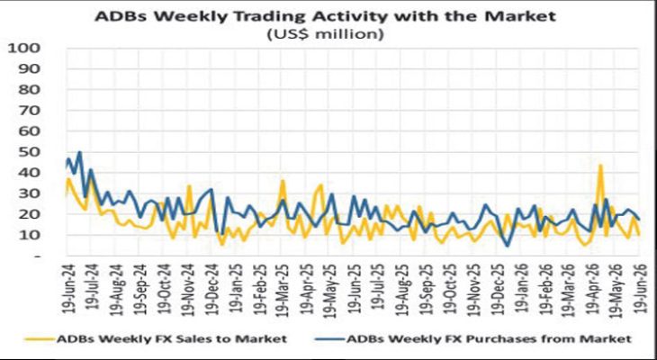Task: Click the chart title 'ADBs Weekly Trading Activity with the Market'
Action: click(325, 16)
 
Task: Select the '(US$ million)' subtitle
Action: click(326, 34)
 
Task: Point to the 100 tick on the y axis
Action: click(29, 49)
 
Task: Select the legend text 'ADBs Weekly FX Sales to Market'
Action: click(172, 338)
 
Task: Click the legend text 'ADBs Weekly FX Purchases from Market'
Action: click(489, 338)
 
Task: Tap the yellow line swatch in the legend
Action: click(40, 338)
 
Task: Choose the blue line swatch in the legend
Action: click(329, 338)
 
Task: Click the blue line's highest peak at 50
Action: click(79, 152)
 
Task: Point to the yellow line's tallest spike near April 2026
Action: click(600, 165)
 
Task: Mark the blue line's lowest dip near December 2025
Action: click(508, 246)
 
